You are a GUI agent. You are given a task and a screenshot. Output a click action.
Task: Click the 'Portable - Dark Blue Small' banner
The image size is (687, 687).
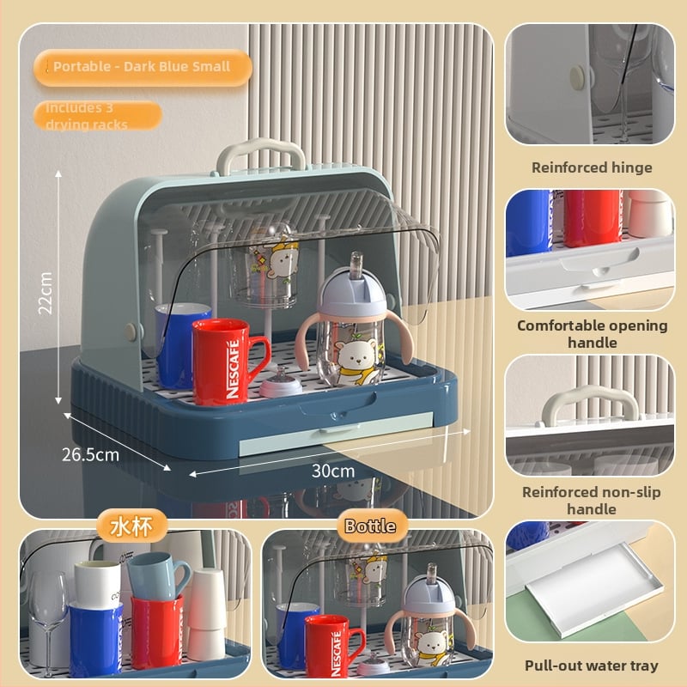(143, 68)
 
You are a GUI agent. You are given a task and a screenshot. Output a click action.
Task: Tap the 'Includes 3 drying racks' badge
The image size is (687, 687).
(98, 116)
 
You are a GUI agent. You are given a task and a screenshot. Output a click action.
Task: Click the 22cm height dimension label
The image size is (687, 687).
(46, 293)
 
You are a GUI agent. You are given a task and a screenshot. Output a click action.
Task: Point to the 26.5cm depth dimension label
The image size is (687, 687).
(90, 455)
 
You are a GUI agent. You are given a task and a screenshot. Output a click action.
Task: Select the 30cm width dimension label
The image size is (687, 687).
(333, 471)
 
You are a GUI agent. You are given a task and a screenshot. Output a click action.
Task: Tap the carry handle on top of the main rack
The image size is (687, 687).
(261, 155)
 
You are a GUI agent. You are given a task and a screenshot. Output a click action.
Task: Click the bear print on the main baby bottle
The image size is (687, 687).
(356, 358)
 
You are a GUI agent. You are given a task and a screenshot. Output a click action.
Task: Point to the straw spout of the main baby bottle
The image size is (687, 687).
(356, 264)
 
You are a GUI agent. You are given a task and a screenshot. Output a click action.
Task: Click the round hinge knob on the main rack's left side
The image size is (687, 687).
(131, 331)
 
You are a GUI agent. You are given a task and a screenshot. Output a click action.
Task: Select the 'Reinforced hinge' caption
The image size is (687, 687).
(592, 167)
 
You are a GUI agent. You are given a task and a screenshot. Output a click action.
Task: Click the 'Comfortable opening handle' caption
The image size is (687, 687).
(592, 334)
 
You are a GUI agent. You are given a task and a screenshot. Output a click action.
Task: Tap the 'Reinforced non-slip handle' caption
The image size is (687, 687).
(592, 501)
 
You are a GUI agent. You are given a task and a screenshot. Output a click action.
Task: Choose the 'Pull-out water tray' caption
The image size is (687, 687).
(592, 666)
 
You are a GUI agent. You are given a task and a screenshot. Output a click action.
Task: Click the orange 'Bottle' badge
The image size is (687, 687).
(371, 526)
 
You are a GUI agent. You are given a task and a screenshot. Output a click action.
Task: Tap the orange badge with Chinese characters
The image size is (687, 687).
(131, 526)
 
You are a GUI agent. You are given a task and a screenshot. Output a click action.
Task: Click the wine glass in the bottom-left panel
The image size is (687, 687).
(49, 622)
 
